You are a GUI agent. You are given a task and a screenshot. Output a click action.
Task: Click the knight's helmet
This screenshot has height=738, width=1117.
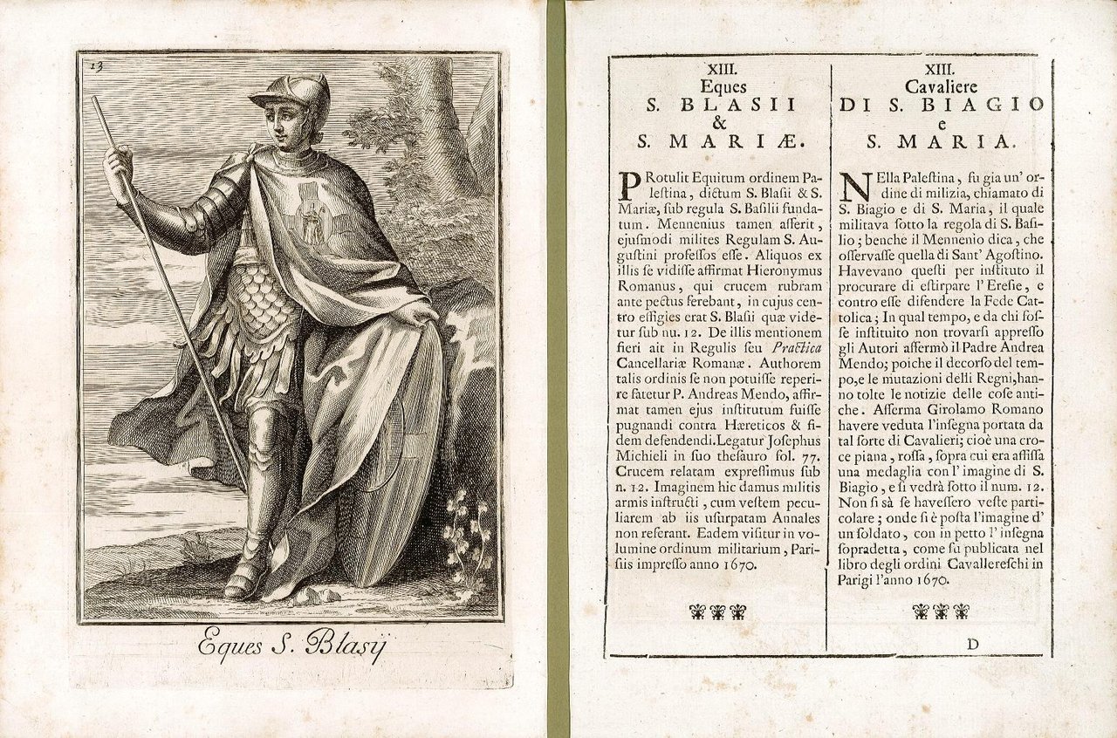tap(294, 94)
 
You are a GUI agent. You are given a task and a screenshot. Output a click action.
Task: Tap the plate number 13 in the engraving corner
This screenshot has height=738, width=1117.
tap(96, 65)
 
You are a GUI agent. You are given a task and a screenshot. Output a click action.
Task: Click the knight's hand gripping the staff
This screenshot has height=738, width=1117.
tap(117, 163)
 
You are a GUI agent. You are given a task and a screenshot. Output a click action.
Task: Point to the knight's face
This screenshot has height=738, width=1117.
tap(281, 122)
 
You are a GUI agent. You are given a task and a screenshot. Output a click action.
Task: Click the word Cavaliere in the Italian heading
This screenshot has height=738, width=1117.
tap(940, 85)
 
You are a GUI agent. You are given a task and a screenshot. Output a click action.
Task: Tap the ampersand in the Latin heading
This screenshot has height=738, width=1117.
tap(719, 123)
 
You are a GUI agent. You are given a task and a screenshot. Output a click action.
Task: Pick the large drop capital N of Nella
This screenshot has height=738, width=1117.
tap(853, 186)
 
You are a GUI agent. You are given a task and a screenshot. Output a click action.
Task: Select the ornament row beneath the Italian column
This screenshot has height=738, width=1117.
tap(940, 611)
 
